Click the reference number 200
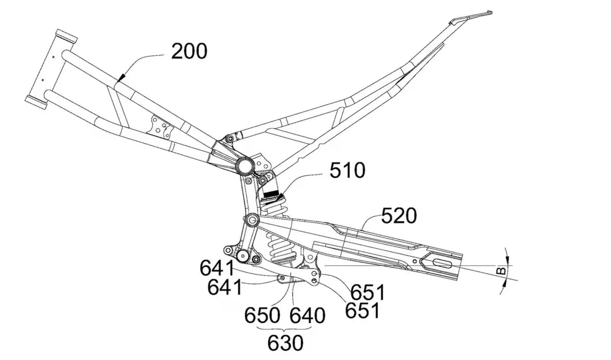189,51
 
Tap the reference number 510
347,170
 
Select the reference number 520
399,216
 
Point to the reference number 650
262,316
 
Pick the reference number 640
307,316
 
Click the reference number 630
285,343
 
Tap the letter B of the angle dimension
502,270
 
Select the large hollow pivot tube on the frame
244,166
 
